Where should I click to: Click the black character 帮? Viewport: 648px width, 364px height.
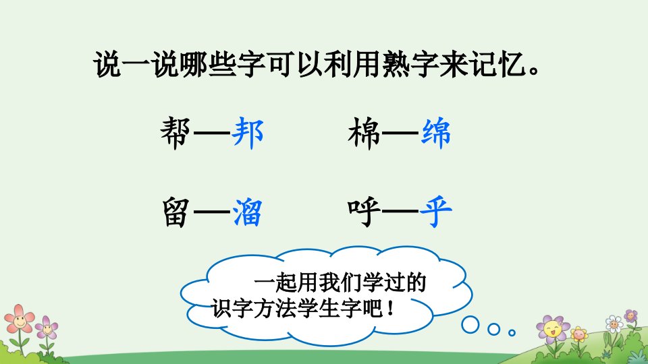[175, 133]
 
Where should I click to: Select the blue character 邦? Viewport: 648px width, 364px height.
[248, 133]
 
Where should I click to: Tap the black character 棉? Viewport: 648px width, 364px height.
[364, 133]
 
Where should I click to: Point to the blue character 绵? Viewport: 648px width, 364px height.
[435, 133]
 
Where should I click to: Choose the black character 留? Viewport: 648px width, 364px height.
[175, 212]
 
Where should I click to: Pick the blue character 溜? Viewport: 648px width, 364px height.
[247, 212]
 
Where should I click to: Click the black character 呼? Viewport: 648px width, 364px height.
[364, 212]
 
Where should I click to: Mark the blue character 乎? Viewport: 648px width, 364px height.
[435, 212]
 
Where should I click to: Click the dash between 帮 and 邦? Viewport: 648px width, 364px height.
[211, 133]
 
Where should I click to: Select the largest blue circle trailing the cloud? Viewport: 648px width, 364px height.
[470, 325]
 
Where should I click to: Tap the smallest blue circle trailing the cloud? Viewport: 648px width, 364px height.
[512, 332]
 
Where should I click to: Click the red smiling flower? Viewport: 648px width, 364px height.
[19, 319]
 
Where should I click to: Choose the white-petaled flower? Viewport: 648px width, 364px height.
[614, 324]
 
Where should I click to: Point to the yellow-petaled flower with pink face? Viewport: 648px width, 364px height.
[579, 334]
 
